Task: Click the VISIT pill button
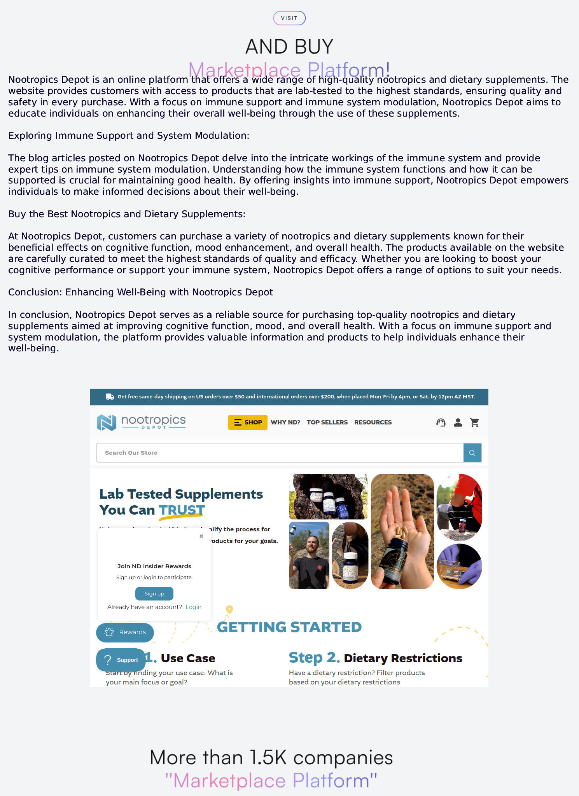coord(289,18)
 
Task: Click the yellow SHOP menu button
coord(248,422)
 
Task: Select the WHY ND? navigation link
coord(285,422)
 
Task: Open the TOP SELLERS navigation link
coord(327,422)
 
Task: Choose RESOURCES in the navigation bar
coord(373,422)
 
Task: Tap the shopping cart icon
coord(474,422)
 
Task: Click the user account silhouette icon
coord(458,422)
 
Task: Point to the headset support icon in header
coord(441,422)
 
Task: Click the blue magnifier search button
coord(472,453)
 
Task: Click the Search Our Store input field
coord(280,453)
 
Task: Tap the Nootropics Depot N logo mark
coord(107,422)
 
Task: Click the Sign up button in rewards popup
coord(154,594)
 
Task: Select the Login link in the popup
coord(193,607)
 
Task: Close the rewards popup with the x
coord(201,536)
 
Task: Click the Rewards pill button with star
coord(125,632)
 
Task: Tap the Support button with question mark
coord(121,660)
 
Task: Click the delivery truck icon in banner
coord(110,397)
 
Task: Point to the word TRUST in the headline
coord(182,510)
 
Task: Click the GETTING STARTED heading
coord(289,627)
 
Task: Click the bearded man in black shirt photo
coord(309,555)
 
